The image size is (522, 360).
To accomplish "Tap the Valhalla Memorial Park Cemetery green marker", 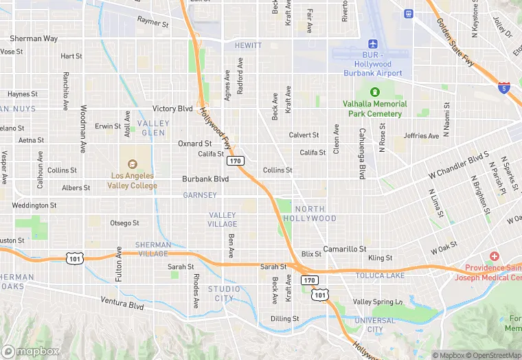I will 375,92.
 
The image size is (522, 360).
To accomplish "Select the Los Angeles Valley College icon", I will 133,164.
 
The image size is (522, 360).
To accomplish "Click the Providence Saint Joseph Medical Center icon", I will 495,256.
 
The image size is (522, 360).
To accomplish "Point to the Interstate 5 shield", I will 504,87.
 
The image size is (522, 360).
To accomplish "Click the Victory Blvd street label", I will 172,109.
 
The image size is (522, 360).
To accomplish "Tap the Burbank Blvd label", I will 205,179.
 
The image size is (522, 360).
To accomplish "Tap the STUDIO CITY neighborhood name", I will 225,293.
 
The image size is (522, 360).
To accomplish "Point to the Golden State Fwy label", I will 455,43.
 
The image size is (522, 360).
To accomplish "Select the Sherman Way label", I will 33,38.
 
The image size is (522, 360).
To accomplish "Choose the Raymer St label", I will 152,23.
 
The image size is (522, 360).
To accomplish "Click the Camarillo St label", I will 345,249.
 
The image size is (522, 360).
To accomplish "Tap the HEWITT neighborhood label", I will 248,45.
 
